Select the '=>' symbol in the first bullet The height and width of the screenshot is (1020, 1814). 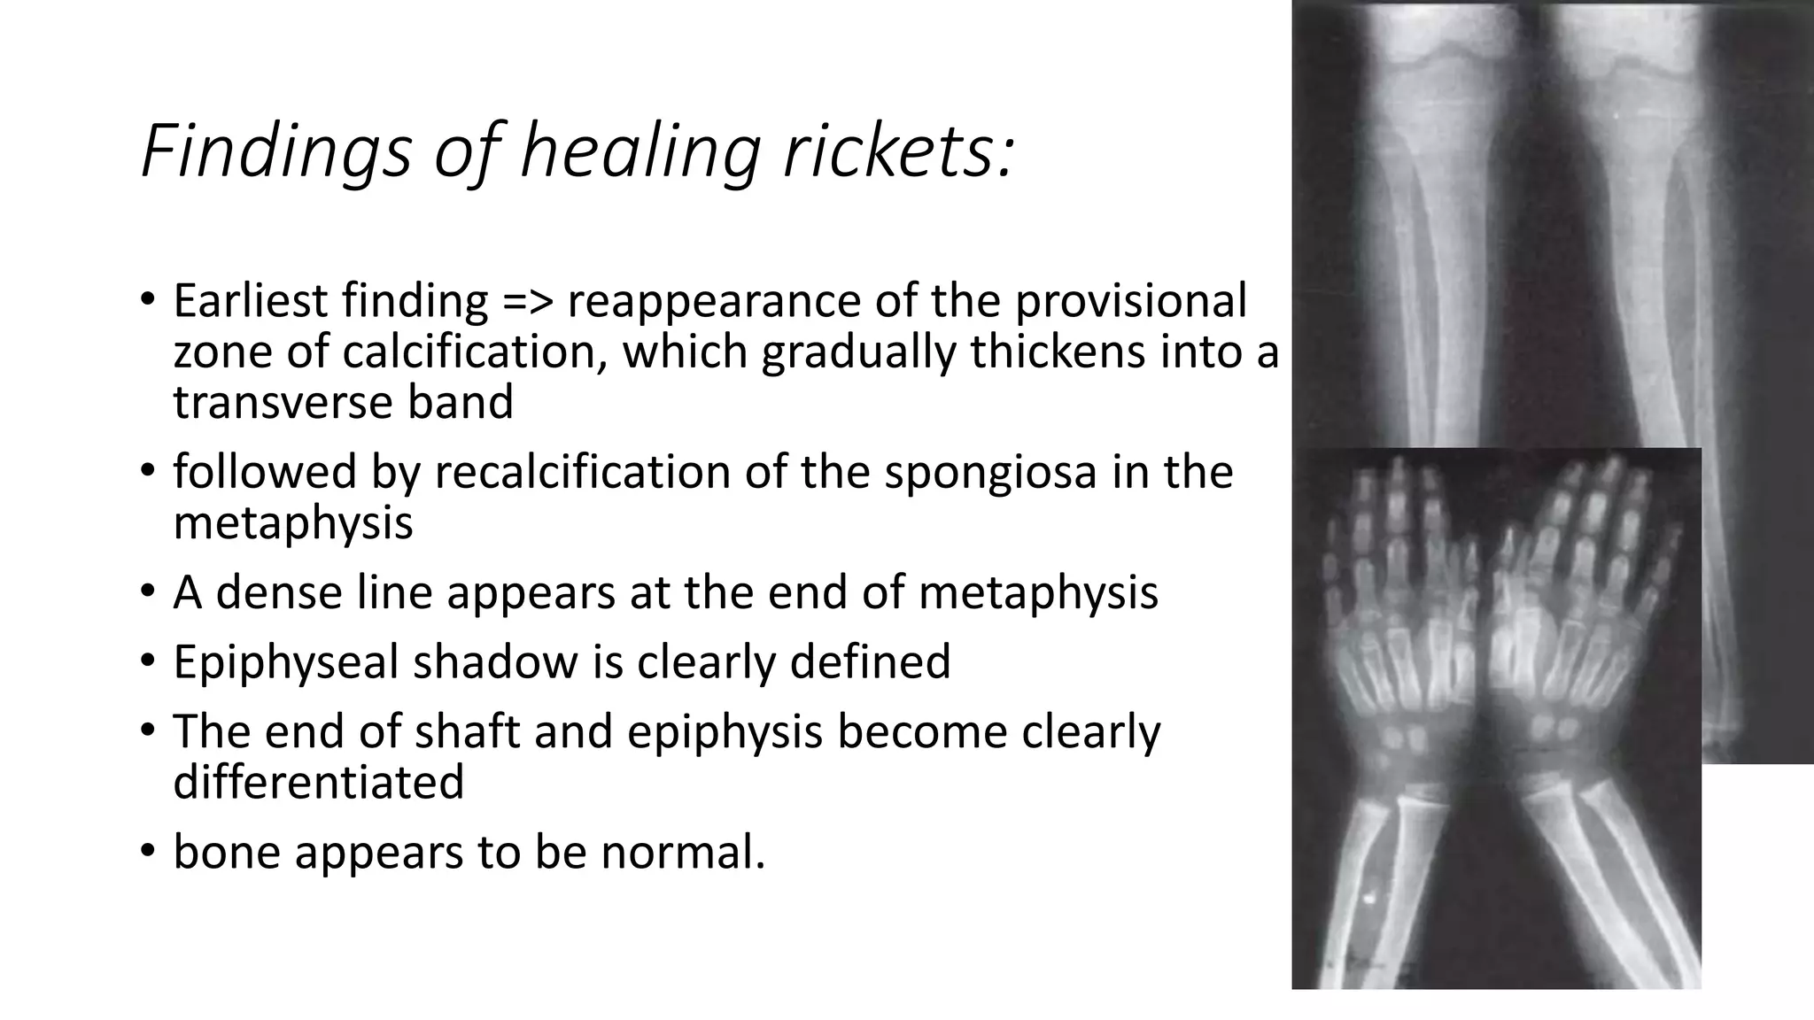click(528, 301)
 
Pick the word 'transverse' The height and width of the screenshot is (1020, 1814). click(283, 402)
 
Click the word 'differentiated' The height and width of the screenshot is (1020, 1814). click(318, 782)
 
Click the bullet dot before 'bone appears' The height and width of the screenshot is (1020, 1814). click(147, 852)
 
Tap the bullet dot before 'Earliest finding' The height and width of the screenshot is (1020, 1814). click(147, 301)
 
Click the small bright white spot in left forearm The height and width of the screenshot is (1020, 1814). click(1371, 897)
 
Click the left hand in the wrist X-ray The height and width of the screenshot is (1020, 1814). click(1399, 602)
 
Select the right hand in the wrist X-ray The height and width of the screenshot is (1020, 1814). click(1585, 602)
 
